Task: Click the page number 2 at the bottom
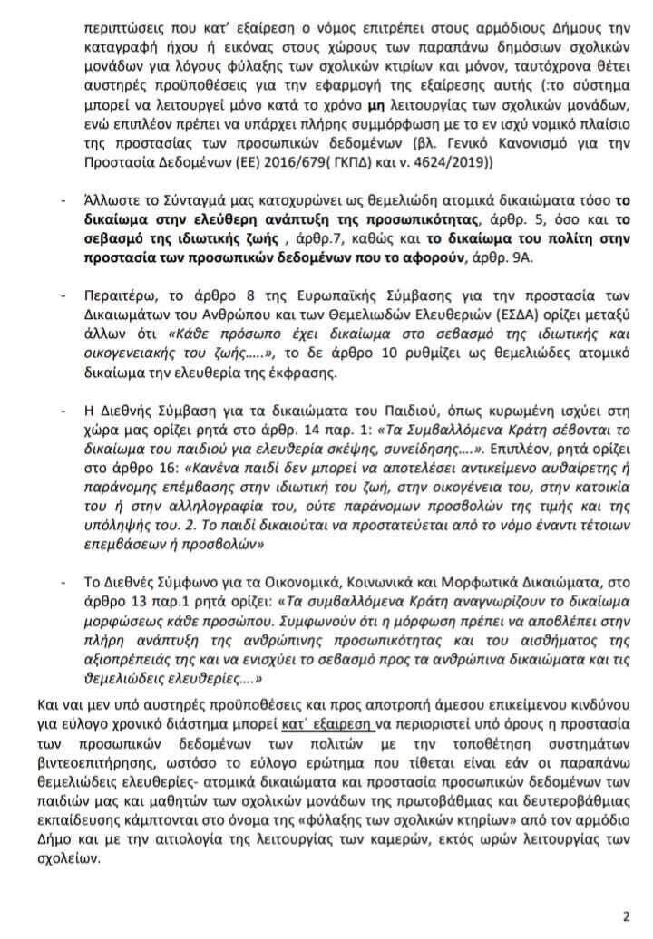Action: pos(625,915)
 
